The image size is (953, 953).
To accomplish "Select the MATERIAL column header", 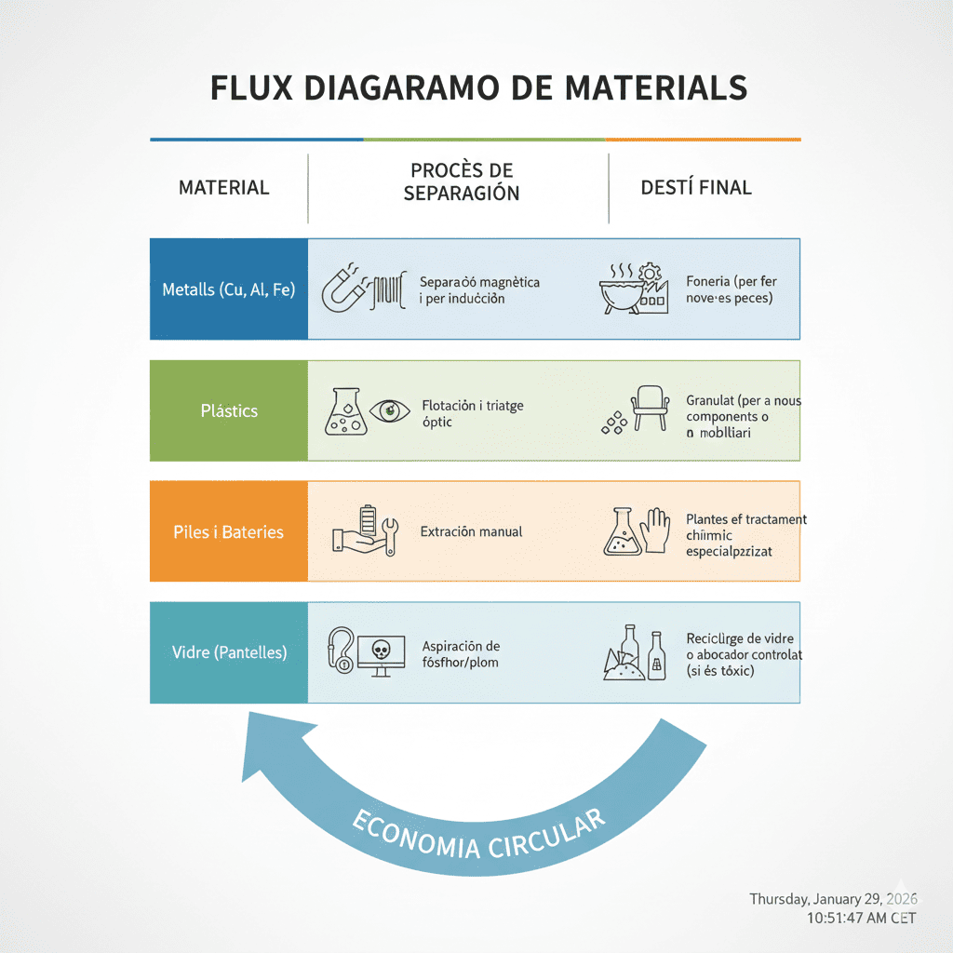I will point(223,187).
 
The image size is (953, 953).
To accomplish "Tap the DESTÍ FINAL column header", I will point(696,187).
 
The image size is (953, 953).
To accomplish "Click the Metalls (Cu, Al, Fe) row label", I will point(228,289).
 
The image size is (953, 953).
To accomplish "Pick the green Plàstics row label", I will point(229,410).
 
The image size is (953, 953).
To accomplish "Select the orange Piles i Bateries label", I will point(228,532).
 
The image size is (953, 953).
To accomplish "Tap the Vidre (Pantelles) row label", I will point(229,652).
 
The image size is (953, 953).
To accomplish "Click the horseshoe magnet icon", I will point(342,289).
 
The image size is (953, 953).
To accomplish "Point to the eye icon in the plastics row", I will point(389,410).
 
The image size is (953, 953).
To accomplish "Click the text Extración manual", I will point(471,532).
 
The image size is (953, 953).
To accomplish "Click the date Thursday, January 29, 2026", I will point(833,899).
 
